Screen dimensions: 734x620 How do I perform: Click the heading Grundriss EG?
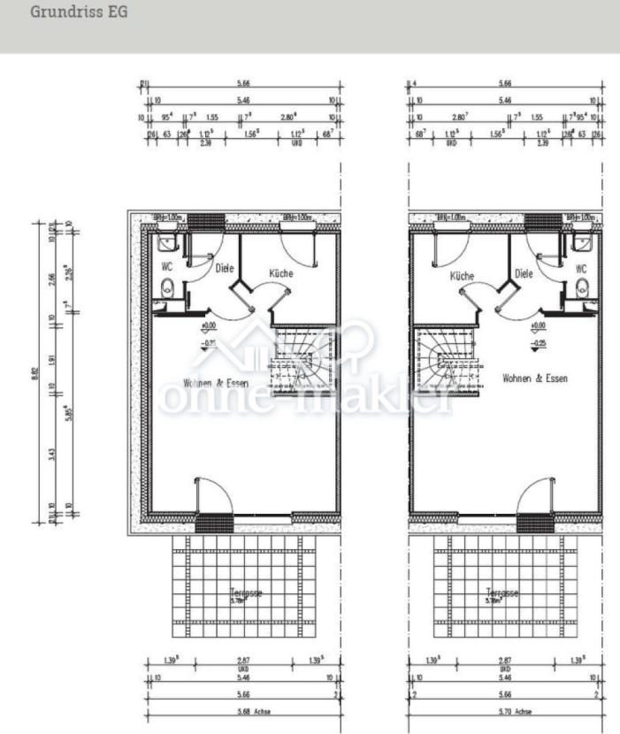click(x=79, y=13)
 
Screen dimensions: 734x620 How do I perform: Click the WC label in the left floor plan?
click(x=165, y=264)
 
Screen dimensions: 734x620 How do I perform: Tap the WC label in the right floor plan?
click(x=581, y=268)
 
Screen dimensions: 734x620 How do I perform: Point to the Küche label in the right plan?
click(x=462, y=276)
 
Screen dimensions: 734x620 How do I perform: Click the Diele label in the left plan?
click(x=225, y=266)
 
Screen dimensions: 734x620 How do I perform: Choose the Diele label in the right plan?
click(x=525, y=274)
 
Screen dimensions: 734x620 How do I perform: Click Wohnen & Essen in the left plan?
click(x=215, y=383)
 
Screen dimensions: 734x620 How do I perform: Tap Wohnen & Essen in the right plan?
click(x=535, y=378)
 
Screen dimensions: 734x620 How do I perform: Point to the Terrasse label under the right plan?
click(x=501, y=593)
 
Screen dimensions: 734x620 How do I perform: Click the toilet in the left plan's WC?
click(x=166, y=287)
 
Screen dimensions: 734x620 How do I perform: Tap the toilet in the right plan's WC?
click(x=581, y=287)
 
